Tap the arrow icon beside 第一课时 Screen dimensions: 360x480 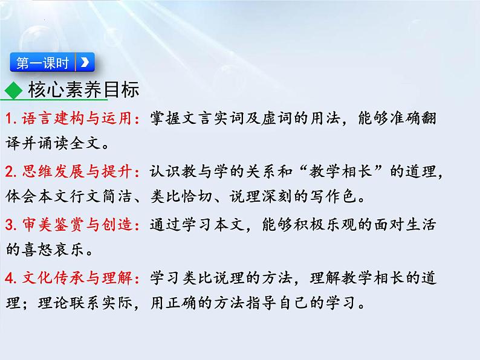tap(85, 62)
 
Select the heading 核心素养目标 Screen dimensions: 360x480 tap(83, 90)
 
